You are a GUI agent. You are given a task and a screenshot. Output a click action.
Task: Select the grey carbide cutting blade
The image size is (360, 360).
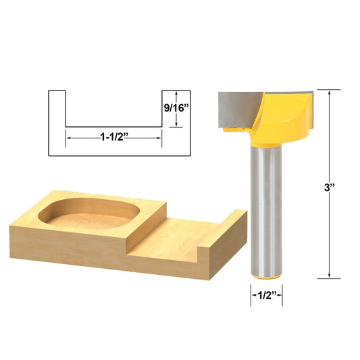coord(236,108)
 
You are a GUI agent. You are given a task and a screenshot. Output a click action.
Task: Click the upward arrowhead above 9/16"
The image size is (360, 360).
coord(176,93)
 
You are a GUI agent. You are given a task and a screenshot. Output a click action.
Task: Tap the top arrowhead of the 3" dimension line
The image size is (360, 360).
coord(329,93)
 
